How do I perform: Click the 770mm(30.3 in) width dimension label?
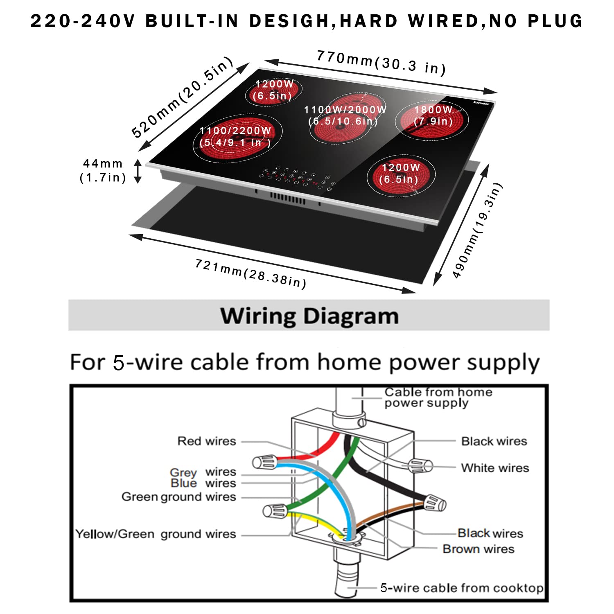pyautogui.click(x=381, y=63)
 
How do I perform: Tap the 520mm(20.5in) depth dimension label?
pyautogui.click(x=183, y=97)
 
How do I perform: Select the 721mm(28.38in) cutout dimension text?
pyautogui.click(x=251, y=273)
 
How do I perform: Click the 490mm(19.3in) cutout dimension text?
pyautogui.click(x=477, y=231)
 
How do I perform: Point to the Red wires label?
pyautogui.click(x=207, y=441)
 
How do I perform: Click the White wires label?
pyautogui.click(x=495, y=468)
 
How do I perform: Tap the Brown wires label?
pyautogui.click(x=478, y=549)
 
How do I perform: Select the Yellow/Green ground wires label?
pyautogui.click(x=156, y=534)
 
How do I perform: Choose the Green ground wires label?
pyautogui.click(x=178, y=497)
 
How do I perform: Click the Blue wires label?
pyautogui.click(x=203, y=483)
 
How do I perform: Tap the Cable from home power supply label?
pyautogui.click(x=438, y=397)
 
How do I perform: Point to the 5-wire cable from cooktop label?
pyautogui.click(x=462, y=588)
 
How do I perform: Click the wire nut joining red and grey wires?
pyautogui.click(x=264, y=462)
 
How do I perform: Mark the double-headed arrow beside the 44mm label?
pyautogui.click(x=138, y=171)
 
